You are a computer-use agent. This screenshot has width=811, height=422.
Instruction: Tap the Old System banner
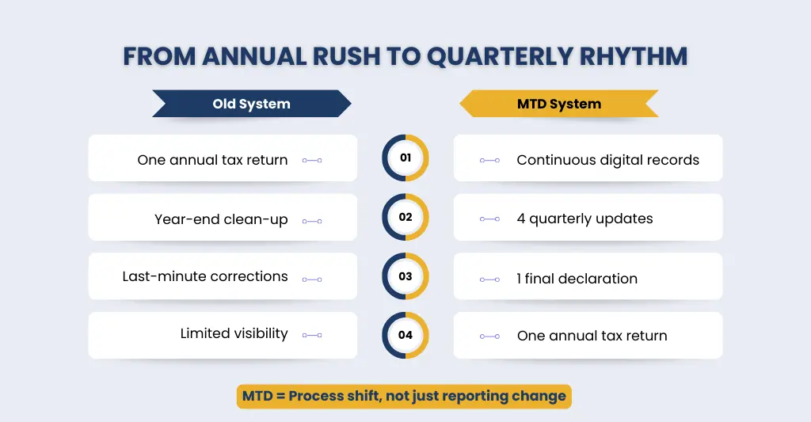coord(251,104)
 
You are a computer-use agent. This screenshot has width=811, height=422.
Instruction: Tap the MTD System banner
coord(558,104)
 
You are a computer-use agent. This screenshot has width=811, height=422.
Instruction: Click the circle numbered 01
coord(405,158)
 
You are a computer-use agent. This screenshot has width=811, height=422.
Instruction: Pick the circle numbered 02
coord(405,217)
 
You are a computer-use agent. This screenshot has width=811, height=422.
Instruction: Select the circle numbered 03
coord(405,276)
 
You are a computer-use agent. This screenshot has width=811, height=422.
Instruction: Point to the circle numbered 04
coord(405,335)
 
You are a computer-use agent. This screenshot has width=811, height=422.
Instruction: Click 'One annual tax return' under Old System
coord(212,160)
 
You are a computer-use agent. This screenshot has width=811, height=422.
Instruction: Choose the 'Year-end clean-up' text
coord(221,219)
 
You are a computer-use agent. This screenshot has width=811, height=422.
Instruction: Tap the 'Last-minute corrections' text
coord(205,276)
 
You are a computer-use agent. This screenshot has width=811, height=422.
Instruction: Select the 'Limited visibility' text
coord(234,333)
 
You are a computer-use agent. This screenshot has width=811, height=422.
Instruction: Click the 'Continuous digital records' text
coord(607,160)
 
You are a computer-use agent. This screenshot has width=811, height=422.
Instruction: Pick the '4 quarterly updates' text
coord(584,219)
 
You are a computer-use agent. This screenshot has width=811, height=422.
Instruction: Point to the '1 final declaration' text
coord(577,279)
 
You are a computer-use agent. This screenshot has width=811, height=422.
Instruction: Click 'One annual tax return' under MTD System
coord(592,336)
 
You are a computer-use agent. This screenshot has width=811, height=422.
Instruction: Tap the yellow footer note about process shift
coord(404,396)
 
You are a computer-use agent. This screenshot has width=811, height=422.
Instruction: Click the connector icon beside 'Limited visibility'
coord(312,336)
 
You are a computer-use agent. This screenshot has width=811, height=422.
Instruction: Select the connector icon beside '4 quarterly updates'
coord(490,219)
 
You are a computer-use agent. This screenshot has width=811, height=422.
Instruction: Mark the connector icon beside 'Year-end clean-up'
coord(312,221)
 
